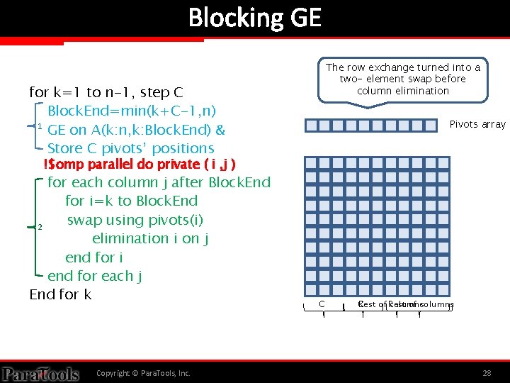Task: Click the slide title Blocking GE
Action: [254, 17]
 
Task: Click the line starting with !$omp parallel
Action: [140, 165]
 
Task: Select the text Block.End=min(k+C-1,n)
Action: [132, 111]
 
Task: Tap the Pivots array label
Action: [477, 124]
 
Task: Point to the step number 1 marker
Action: [40, 126]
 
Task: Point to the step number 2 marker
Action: [40, 227]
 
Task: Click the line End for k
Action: [60, 294]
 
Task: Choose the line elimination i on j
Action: [149, 238]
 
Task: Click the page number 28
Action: [487, 372]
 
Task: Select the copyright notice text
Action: [143, 373]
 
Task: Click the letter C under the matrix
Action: [322, 304]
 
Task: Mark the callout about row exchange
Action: [402, 79]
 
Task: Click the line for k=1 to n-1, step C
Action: [106, 92]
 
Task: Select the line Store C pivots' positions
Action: [130, 148]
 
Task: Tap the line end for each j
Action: [95, 276]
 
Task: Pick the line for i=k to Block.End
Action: [131, 201]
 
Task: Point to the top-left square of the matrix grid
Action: [310, 162]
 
